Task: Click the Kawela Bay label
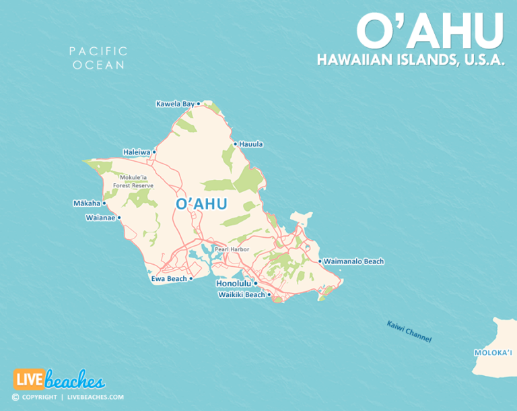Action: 174,104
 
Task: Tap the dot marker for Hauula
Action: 235,144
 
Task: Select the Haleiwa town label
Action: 136,152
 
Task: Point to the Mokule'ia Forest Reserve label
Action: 133,182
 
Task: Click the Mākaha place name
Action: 86,203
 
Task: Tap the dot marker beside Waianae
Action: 119,218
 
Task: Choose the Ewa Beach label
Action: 168,278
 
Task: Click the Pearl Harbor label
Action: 232,249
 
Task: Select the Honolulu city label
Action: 234,284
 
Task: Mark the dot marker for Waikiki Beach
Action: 269,294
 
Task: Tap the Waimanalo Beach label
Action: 353,261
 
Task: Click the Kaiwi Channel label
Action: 409,332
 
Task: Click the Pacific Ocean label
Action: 98,58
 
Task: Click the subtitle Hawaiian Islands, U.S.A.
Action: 411,60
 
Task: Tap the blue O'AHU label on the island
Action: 201,203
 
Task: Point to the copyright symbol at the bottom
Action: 15,398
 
